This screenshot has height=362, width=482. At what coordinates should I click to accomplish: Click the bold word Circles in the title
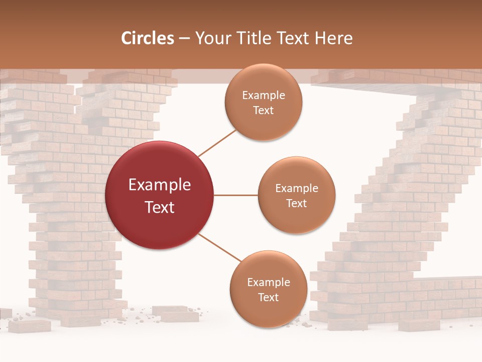coord(148,38)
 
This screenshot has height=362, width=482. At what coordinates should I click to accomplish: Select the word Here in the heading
coord(333,38)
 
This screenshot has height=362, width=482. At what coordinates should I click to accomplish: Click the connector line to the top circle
coord(217,142)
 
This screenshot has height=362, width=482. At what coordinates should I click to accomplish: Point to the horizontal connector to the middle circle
coord(236,195)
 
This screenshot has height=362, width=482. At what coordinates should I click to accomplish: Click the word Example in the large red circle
coord(160,185)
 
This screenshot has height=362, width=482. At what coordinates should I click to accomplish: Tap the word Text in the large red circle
coord(160,207)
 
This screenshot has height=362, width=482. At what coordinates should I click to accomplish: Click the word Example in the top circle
coord(264,96)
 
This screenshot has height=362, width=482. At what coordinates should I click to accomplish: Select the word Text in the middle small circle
coord(297,203)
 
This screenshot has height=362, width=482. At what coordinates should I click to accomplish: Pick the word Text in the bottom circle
coord(269,297)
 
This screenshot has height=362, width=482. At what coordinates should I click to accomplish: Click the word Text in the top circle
coord(264,110)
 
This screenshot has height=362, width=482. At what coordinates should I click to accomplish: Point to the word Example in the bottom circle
coord(269,283)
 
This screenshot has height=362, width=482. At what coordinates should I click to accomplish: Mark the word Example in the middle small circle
coord(297,189)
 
